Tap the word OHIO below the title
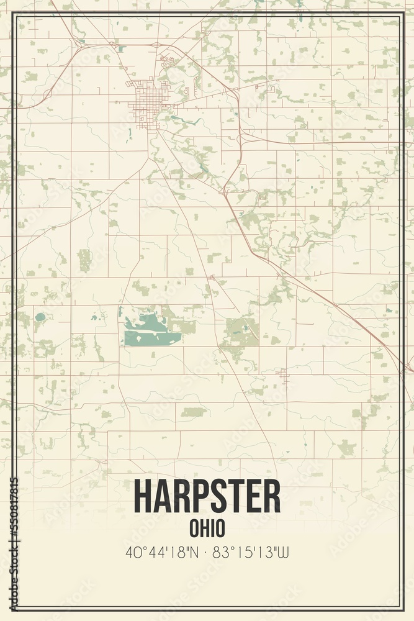[207, 528]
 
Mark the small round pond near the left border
[40, 317]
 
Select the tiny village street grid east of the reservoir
[283, 374]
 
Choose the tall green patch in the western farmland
[84, 260]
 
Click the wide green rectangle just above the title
[193, 412]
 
